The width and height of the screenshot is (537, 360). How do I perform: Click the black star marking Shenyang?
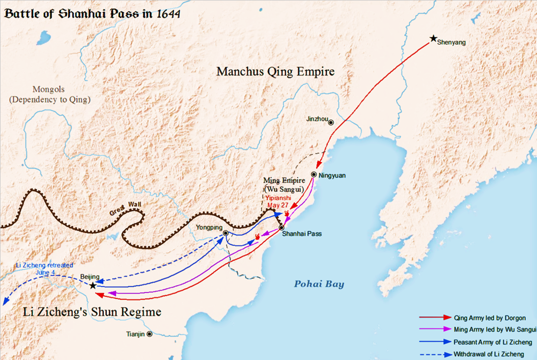[x=433, y=38]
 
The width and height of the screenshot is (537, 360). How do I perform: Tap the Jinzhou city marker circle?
[x=331, y=123]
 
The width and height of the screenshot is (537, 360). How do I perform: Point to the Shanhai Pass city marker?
[x=281, y=228]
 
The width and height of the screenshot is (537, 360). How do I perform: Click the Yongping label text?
[x=208, y=227]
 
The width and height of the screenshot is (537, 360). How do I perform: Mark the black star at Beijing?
[x=93, y=285]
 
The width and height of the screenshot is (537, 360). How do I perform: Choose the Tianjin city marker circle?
[x=149, y=334]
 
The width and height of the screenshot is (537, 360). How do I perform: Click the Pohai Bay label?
[x=319, y=284]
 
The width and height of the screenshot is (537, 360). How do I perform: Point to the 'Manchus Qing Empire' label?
[x=276, y=72]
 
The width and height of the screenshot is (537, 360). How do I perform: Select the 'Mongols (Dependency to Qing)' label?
[x=50, y=94]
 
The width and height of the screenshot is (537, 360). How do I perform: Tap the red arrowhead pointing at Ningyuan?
[x=319, y=165]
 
